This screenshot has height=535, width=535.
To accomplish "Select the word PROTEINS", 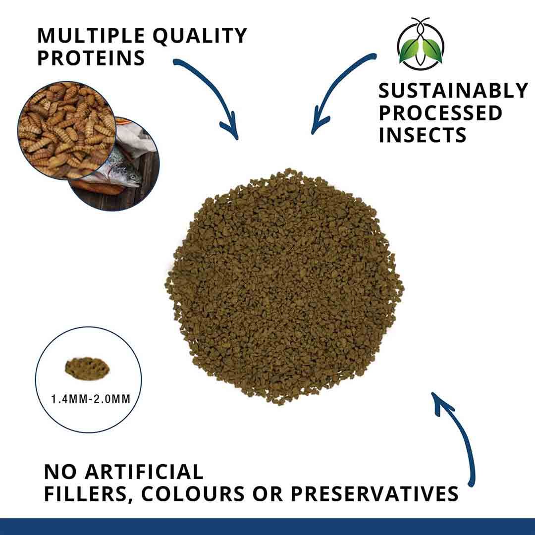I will pyautogui.click(x=91, y=58).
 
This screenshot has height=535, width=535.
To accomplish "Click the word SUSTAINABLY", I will pyautogui.click(x=453, y=91).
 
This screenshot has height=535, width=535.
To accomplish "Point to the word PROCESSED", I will pyautogui.click(x=440, y=113).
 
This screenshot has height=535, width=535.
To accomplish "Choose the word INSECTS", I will pyautogui.click(x=423, y=135).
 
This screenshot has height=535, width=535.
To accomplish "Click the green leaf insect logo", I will pyautogui.click(x=421, y=45).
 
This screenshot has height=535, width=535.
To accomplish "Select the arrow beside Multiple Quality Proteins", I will pyautogui.click(x=211, y=94).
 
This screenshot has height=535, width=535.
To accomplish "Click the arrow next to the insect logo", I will pyautogui.click(x=337, y=89).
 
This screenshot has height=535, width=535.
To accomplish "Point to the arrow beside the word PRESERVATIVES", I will pyautogui.click(x=458, y=436).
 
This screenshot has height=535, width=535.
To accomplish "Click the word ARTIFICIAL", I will pyautogui.click(x=144, y=472).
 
